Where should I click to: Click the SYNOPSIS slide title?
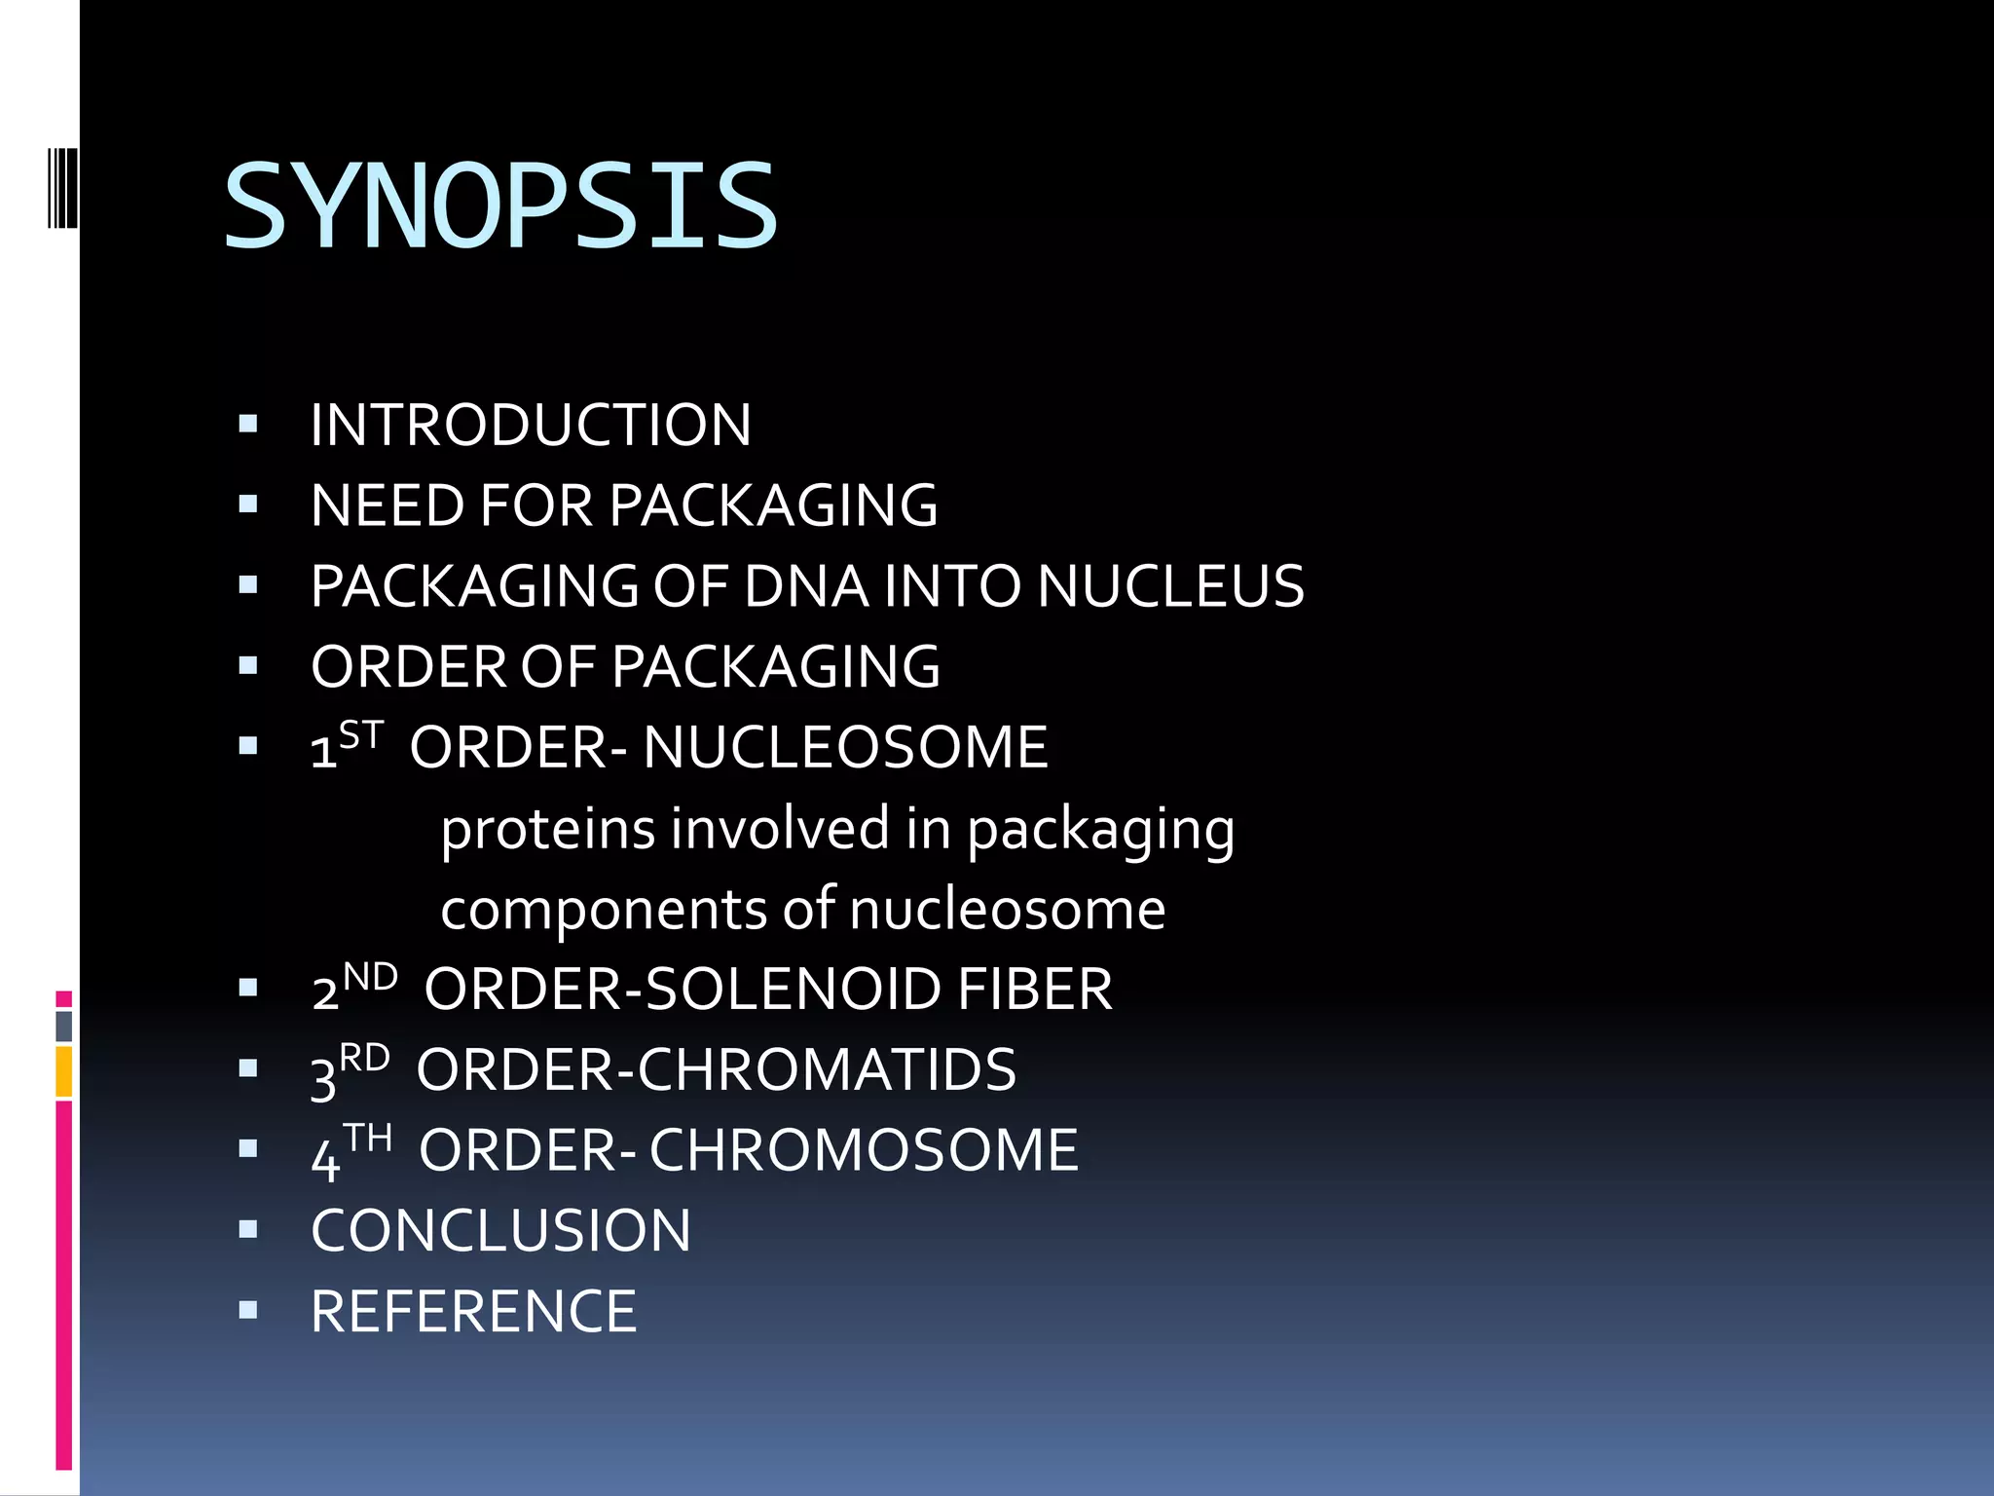pos(500,206)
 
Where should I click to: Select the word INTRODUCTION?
pos(531,426)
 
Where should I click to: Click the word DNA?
pos(806,587)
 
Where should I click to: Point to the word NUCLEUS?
pos(1170,587)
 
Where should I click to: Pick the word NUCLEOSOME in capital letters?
pos(845,748)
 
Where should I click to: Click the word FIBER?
pos(1035,991)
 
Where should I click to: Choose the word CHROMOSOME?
pos(864,1151)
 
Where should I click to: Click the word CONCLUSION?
pos(500,1231)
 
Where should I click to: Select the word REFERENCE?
pos(473,1312)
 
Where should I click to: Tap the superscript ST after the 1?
pos(361,734)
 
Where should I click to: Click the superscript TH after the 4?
pos(367,1138)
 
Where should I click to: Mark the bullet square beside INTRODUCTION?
pos(248,424)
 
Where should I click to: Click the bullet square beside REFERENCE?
pos(248,1310)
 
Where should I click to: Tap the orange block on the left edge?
pos(64,1071)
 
